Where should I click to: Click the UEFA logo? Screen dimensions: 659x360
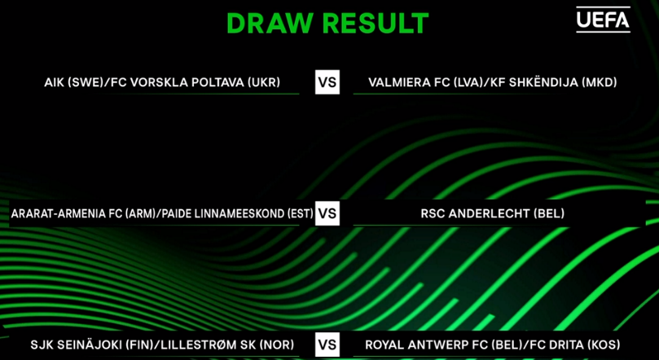tap(603, 20)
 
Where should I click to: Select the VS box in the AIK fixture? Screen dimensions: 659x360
tap(327, 82)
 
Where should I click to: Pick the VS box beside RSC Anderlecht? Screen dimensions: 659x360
tap(327, 213)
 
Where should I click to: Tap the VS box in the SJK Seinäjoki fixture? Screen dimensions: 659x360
tap(327, 345)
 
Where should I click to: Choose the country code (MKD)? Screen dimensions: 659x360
tap(600, 82)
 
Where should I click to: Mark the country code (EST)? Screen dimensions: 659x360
tap(301, 214)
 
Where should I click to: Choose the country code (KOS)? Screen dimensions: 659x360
tap(604, 345)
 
